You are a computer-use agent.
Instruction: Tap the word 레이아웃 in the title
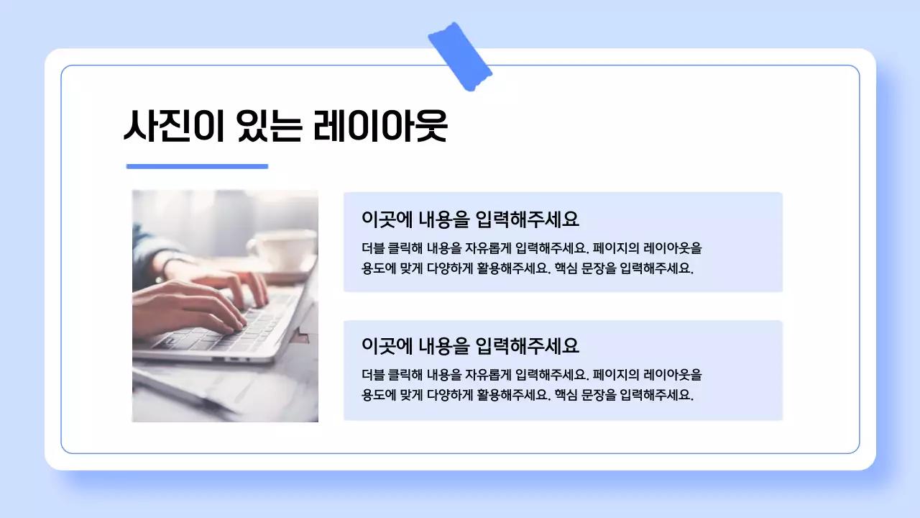click(x=380, y=127)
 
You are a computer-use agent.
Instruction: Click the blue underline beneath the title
click(x=197, y=166)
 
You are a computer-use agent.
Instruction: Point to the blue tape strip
click(x=459, y=56)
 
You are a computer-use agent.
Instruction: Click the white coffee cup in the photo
click(x=282, y=249)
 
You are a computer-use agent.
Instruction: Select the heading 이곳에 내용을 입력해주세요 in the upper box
click(x=470, y=219)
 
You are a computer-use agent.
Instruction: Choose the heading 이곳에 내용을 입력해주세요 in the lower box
click(x=470, y=346)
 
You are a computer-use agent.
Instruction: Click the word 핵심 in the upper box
click(x=566, y=269)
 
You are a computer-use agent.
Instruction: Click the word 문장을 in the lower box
click(x=599, y=395)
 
